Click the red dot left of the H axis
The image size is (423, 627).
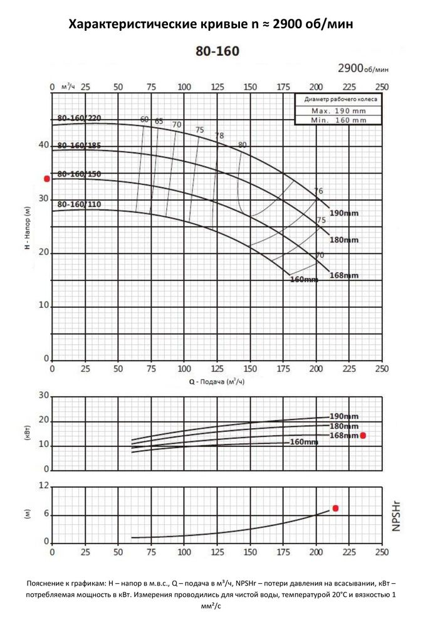pyautogui.click(x=46, y=179)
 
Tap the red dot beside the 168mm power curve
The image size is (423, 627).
pyautogui.click(x=363, y=435)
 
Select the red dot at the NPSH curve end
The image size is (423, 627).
pyautogui.click(x=335, y=508)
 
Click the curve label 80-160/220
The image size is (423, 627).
pyautogui.click(x=79, y=119)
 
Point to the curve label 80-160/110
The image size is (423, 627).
pyautogui.click(x=79, y=204)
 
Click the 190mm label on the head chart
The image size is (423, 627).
pyautogui.click(x=345, y=213)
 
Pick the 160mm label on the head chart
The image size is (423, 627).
pyautogui.click(x=304, y=279)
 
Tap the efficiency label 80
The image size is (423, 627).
pyautogui.click(x=243, y=145)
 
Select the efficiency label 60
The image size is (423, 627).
pyautogui.click(x=145, y=119)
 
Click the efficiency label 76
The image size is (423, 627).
pyautogui.click(x=318, y=191)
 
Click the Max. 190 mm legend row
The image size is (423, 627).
pyautogui.click(x=339, y=110)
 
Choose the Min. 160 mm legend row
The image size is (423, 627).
pyautogui.click(x=339, y=119)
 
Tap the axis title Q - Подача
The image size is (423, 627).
pyautogui.click(x=216, y=381)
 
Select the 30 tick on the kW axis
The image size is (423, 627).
pyautogui.click(x=44, y=396)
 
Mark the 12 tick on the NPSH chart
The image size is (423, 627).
pyautogui.click(x=44, y=486)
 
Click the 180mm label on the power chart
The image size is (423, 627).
pyautogui.click(x=344, y=426)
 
